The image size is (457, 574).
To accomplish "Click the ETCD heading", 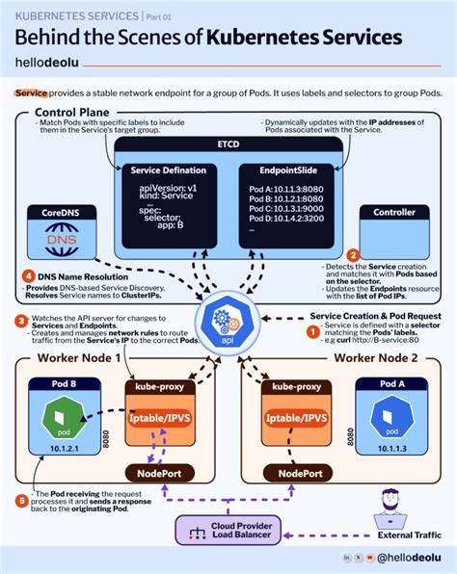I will tap(228, 145).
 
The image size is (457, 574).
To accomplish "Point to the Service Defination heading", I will tap(169, 170).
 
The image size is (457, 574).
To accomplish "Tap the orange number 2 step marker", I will tap(353, 255).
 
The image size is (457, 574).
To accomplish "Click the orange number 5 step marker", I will tap(22, 499).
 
